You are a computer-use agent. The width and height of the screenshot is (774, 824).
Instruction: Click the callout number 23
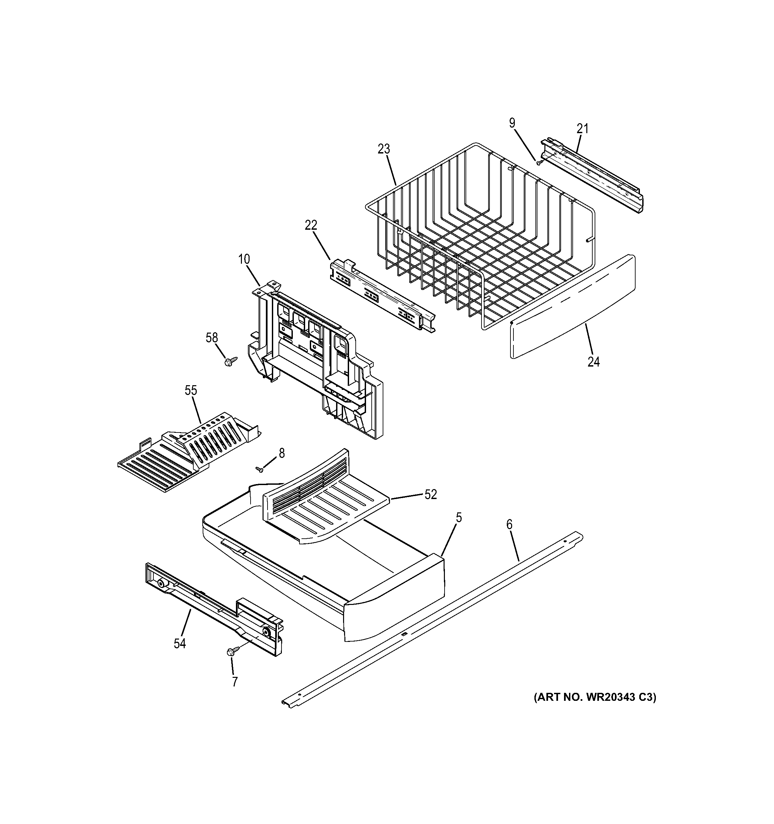click(x=384, y=149)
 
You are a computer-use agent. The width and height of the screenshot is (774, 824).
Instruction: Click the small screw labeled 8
click(x=260, y=469)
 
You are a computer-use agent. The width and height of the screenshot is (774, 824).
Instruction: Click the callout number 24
click(x=593, y=362)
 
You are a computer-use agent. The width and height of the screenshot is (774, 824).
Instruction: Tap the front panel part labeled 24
click(x=572, y=307)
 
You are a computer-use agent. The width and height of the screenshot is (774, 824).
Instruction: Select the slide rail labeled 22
click(x=381, y=295)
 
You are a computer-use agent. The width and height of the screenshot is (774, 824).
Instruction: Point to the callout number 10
click(x=244, y=259)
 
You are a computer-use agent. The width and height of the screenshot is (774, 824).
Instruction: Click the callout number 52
click(x=431, y=494)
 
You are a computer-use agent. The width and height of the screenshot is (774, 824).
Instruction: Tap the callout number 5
click(x=459, y=517)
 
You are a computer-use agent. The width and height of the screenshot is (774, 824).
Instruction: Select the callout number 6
click(x=509, y=525)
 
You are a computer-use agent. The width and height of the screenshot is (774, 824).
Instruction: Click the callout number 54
click(x=179, y=643)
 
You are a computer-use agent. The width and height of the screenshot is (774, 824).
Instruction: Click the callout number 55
click(x=191, y=391)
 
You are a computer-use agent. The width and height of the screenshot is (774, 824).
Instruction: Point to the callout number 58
click(x=212, y=338)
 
